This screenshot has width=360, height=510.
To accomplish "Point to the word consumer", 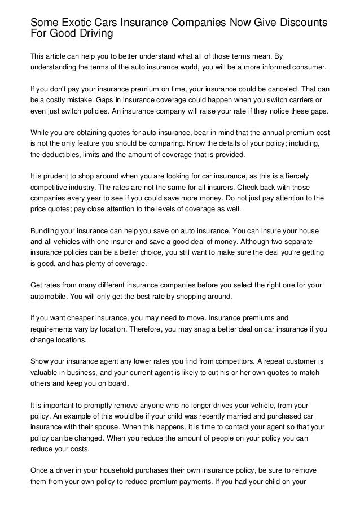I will pos(308,66).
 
